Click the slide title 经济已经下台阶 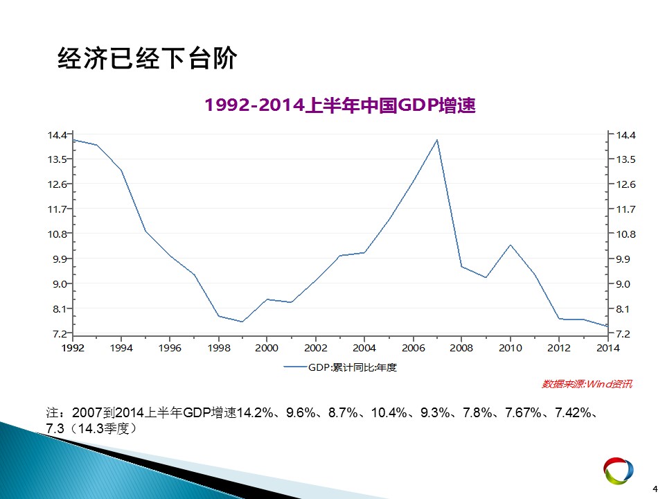pos(147,58)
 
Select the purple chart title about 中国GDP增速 pos(340,105)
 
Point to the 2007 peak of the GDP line pos(437,139)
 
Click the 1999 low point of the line pos(242,322)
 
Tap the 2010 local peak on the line pos(511,245)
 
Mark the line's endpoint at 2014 pos(608,326)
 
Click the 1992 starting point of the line pos(73,139)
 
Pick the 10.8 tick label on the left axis pos(57,234)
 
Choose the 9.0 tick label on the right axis pos(623,284)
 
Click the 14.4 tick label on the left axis pos(57,135)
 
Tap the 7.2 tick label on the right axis pos(623,334)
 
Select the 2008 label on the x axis pos(461,348)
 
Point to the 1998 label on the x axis pos(219,348)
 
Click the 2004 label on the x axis pos(364,348)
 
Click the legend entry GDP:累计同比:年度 pos(340,367)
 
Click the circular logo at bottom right pos(619,471)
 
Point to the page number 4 pos(655,489)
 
